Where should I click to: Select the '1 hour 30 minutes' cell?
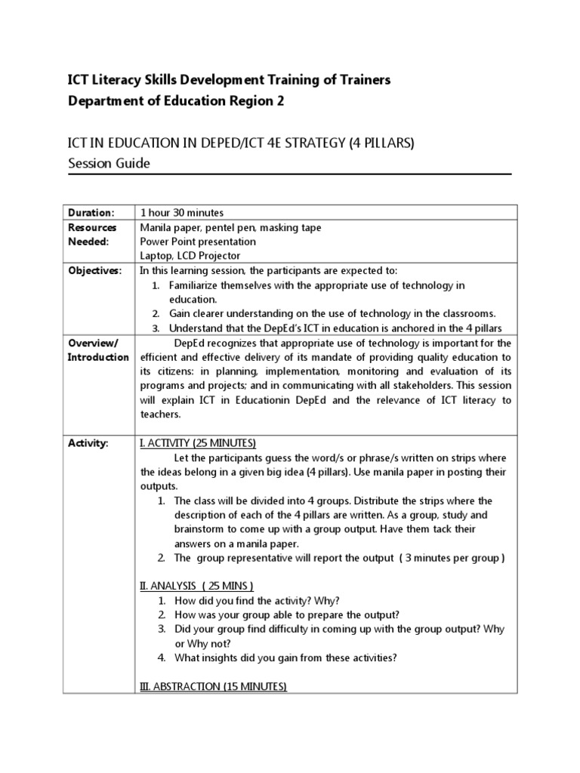[x=182, y=213]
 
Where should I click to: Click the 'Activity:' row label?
[x=88, y=443]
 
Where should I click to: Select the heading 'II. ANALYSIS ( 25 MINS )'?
[x=197, y=586]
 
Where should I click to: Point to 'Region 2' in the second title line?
[x=259, y=103]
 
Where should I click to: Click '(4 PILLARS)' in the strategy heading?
[x=381, y=143]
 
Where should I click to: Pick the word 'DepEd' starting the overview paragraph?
[x=189, y=343]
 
